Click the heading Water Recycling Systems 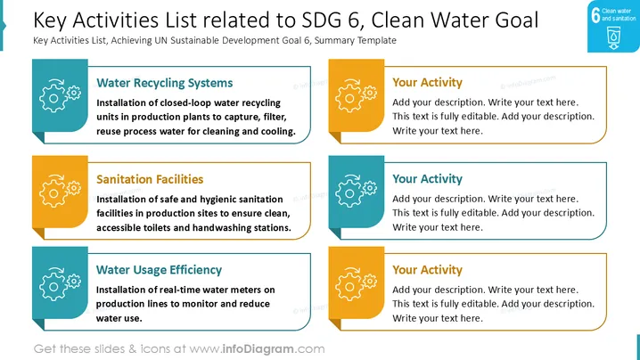tap(165, 83)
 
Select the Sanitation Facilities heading tap(150, 179)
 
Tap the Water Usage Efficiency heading tap(159, 270)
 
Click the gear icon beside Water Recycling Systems tap(60, 95)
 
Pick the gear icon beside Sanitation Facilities tap(60, 191)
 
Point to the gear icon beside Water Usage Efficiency tap(60, 284)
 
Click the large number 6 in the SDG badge tap(595, 15)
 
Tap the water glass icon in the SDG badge tap(613, 38)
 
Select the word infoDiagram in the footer tap(258, 349)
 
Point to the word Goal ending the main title tap(517, 20)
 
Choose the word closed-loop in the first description tap(186, 102)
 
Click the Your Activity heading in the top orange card tap(427, 83)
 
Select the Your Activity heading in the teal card tap(427, 179)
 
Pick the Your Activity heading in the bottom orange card tap(427, 270)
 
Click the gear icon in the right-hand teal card tap(356, 191)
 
